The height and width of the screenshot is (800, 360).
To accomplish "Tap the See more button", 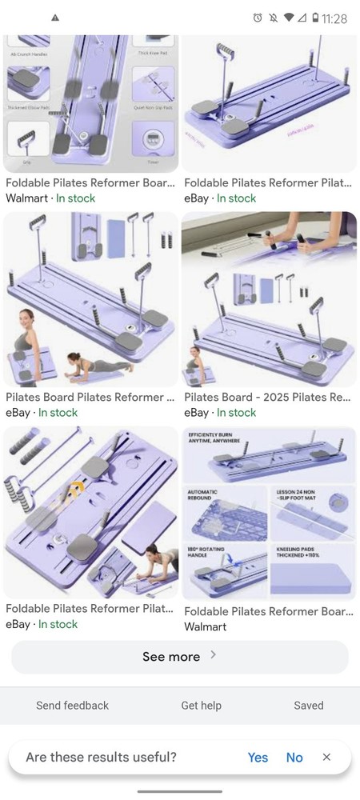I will pyautogui.click(x=179, y=657).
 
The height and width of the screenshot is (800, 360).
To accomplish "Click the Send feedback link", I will pyautogui.click(x=72, y=705).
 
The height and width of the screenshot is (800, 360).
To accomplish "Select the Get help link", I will pyautogui.click(x=201, y=705).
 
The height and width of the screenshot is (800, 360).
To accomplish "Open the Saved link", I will pyautogui.click(x=308, y=705).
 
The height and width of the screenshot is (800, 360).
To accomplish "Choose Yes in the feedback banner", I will pyautogui.click(x=258, y=757).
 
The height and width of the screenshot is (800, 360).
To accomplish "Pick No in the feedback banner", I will pyautogui.click(x=294, y=757).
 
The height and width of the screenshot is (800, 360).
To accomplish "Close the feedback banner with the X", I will pyautogui.click(x=326, y=757).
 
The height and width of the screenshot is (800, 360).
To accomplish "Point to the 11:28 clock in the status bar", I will pyautogui.click(x=334, y=18).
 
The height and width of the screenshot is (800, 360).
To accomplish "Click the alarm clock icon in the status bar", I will pyautogui.click(x=257, y=18).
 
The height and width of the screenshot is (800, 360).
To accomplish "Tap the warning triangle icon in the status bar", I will pyautogui.click(x=54, y=18).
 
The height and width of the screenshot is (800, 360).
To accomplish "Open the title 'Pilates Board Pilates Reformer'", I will pyautogui.click(x=90, y=397).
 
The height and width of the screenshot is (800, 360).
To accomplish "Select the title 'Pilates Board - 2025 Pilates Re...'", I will pyautogui.click(x=267, y=397).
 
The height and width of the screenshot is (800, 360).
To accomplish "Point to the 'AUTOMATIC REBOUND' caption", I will pyautogui.click(x=204, y=495).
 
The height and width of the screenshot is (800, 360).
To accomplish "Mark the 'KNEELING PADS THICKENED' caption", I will pyautogui.click(x=296, y=551).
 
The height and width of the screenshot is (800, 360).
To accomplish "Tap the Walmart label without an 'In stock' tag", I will pyautogui.click(x=206, y=627).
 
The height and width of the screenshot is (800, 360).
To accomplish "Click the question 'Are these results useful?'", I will pyautogui.click(x=101, y=757).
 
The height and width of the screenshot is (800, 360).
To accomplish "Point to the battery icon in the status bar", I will pyautogui.click(x=315, y=18).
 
